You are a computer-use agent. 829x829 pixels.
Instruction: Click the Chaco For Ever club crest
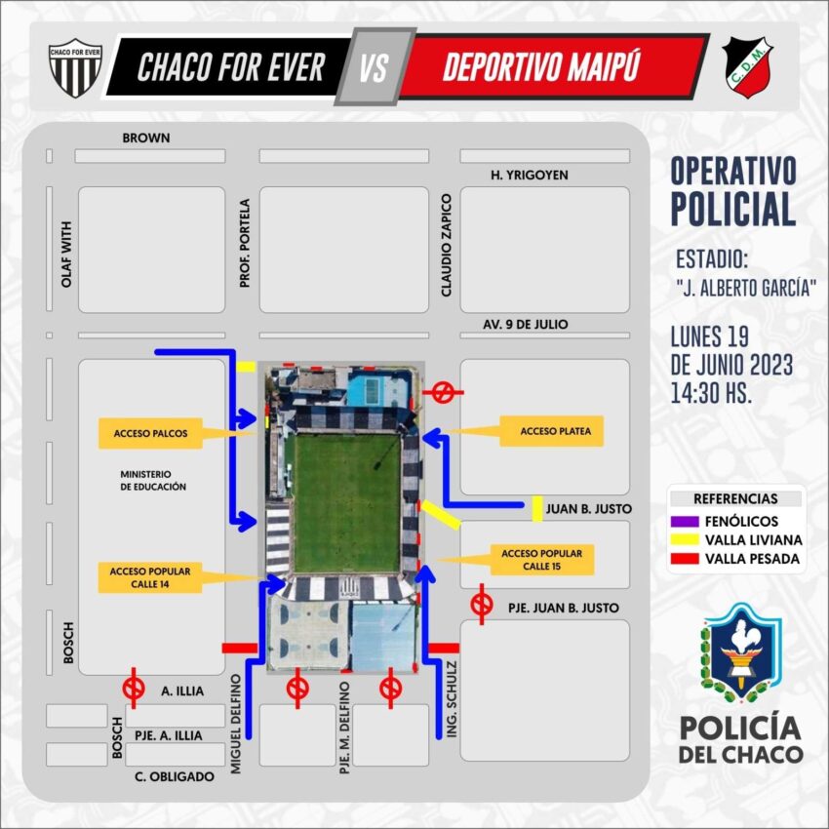[x=75, y=67]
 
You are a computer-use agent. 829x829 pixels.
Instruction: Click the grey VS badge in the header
[x=375, y=66]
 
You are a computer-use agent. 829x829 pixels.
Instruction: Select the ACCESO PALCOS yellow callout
[x=150, y=434]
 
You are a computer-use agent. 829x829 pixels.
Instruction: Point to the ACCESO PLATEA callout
[x=551, y=431]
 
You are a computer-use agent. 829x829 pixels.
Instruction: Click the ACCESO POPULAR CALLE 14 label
[x=150, y=577]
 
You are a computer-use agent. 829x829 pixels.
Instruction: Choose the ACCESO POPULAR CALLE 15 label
[x=542, y=560]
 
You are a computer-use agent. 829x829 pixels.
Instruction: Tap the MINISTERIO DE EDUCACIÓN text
[x=153, y=481]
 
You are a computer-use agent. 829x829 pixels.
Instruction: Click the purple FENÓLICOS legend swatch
[x=685, y=522]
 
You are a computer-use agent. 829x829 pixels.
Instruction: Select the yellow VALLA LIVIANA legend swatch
[x=685, y=539]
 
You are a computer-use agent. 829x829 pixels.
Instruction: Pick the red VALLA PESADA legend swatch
[x=685, y=559]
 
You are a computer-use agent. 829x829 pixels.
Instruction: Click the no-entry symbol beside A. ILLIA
[x=134, y=689]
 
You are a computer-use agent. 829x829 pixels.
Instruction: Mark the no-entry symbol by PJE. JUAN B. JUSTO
[x=482, y=605]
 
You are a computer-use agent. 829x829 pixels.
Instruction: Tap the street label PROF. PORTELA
[x=244, y=243]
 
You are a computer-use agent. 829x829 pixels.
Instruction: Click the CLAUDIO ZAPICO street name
[x=447, y=245]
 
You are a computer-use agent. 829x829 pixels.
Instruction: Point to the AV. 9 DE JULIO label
[x=525, y=324]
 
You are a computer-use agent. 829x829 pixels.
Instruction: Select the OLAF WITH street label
[x=66, y=255]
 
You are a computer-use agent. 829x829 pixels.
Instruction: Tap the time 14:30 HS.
[x=711, y=393]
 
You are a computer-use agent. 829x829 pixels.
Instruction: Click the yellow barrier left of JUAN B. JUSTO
[x=537, y=508]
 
